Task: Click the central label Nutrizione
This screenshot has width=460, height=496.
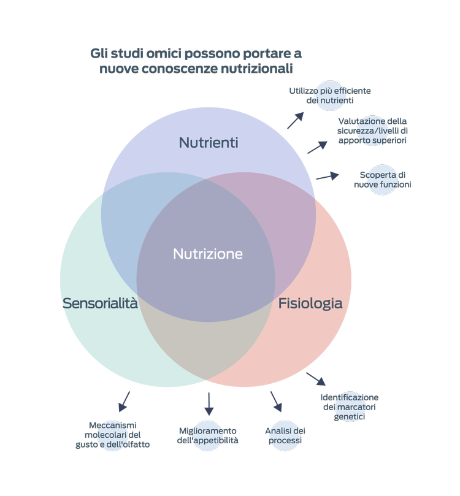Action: [208, 254]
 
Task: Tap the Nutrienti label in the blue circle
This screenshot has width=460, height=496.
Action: [209, 143]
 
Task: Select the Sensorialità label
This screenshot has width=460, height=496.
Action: [100, 303]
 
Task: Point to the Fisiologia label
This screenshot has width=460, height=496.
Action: [310, 303]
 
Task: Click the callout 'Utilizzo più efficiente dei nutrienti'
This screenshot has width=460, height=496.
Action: [330, 96]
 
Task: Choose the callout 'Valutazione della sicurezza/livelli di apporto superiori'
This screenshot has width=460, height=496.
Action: [372, 131]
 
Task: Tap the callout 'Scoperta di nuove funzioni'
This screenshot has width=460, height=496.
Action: [382, 180]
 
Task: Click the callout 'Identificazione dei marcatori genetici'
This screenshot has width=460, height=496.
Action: [349, 406]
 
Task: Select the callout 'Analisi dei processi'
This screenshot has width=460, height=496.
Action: [285, 435]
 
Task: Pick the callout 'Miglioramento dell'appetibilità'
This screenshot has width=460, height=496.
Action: [208, 435]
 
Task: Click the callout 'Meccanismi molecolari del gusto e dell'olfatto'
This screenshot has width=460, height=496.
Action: [112, 435]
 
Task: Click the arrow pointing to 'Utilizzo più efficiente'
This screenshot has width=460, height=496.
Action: [296, 120]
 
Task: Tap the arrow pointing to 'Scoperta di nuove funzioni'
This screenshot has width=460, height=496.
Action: [328, 177]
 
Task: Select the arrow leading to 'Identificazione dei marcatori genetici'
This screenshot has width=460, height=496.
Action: [316, 379]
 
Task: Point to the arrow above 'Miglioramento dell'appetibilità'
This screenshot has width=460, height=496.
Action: [209, 404]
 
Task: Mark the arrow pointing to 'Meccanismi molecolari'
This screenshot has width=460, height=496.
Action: [125, 401]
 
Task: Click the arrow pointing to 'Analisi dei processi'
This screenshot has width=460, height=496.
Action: [276, 402]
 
